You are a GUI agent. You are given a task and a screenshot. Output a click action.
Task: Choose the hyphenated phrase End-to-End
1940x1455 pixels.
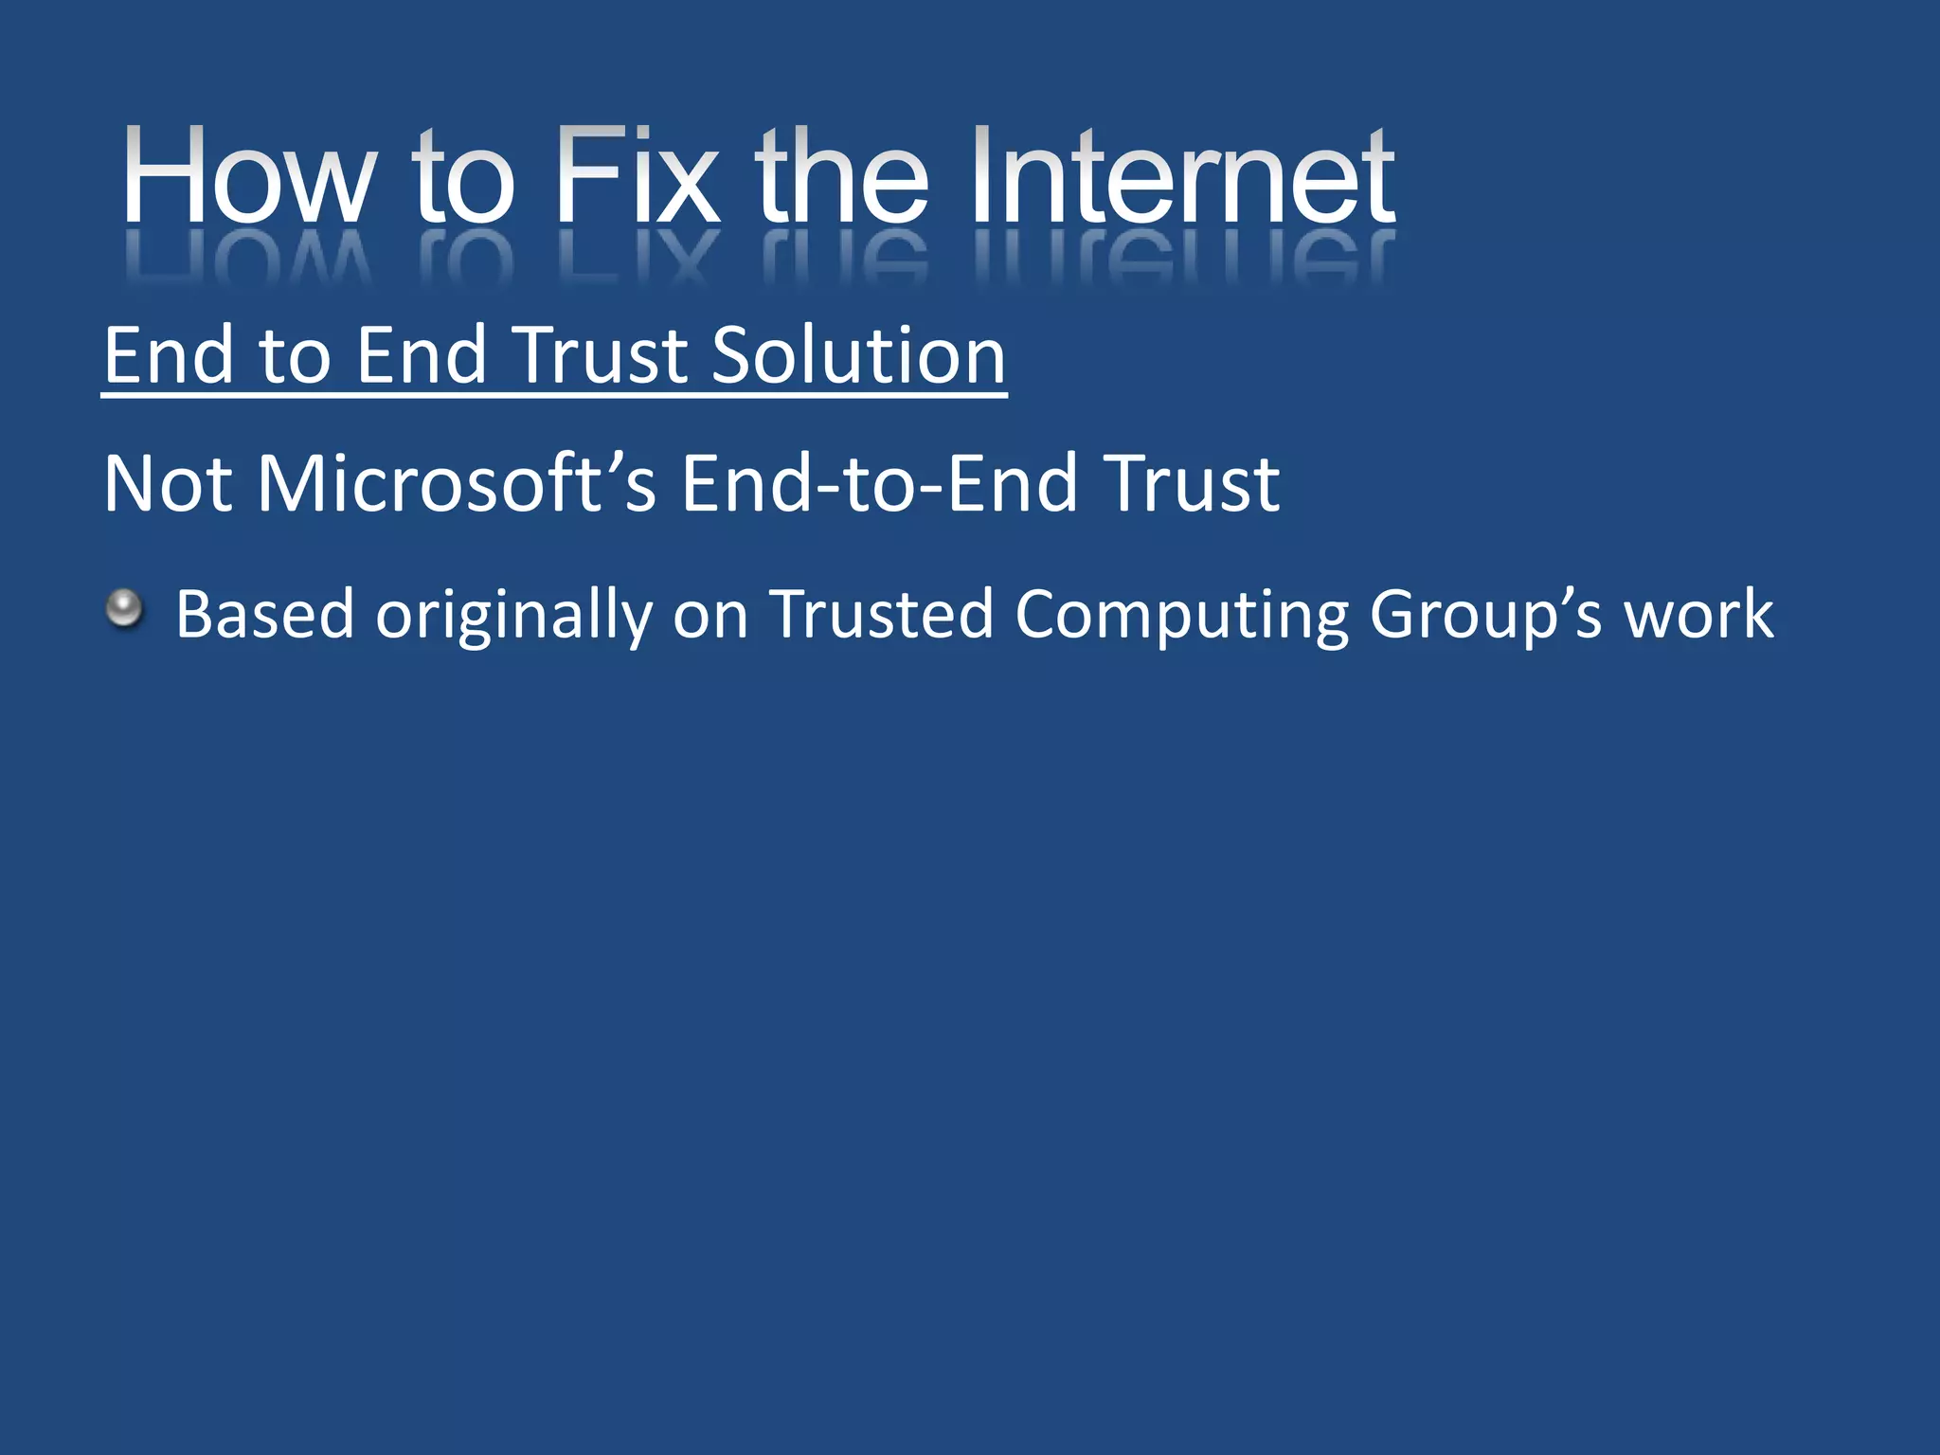(879, 484)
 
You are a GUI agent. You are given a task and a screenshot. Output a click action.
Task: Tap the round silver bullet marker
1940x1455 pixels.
(124, 608)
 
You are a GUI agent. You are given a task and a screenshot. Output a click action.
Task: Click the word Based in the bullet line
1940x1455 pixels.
(264, 615)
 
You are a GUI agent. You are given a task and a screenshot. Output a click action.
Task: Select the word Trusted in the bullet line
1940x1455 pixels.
(881, 615)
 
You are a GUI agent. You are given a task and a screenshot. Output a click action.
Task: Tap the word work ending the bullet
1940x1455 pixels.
(1698, 615)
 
